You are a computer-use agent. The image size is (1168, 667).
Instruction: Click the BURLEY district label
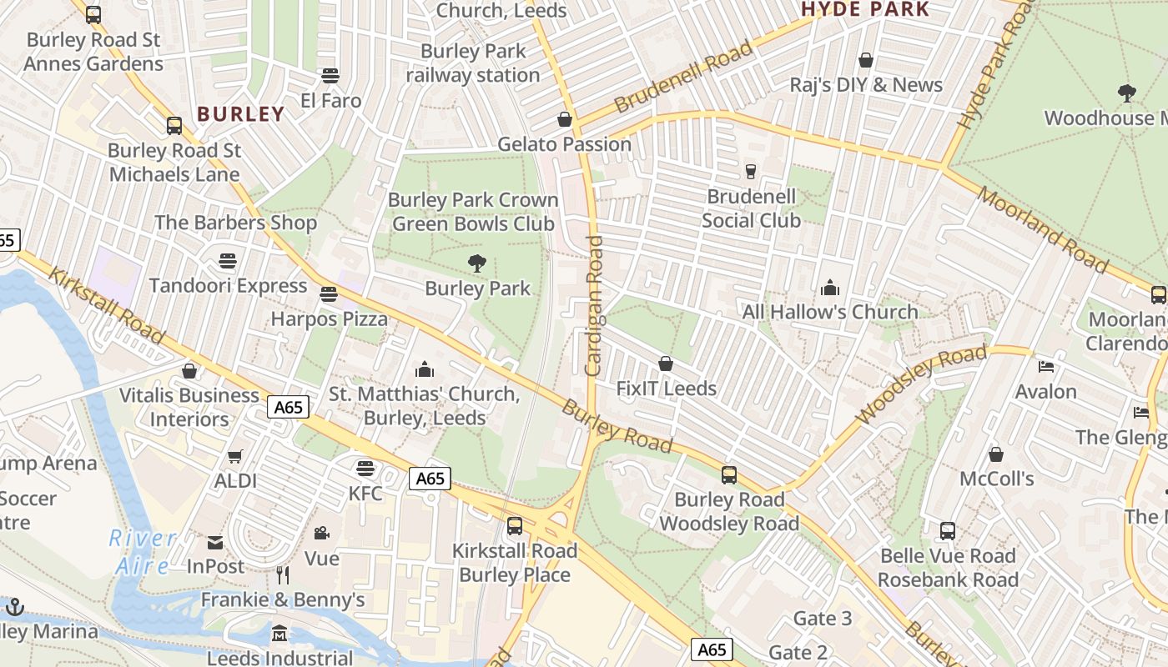240,114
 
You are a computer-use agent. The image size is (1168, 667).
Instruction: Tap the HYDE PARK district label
865,10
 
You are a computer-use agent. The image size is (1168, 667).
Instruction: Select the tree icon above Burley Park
477,264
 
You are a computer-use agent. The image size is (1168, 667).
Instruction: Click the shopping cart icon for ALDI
235,456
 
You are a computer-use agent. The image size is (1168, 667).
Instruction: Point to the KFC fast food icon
365,468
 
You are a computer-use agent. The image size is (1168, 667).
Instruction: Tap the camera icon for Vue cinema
321,533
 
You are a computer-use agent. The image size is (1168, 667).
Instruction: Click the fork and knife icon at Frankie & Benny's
283,574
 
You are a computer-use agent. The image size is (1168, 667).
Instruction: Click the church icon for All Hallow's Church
830,288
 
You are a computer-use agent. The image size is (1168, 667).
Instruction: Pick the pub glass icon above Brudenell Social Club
750,171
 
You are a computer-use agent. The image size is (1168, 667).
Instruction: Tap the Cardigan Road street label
594,304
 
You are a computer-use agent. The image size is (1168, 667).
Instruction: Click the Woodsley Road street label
921,384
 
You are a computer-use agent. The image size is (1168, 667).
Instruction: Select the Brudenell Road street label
683,78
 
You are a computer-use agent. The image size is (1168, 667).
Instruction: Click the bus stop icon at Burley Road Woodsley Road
729,475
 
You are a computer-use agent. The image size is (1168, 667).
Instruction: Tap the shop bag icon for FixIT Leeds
666,364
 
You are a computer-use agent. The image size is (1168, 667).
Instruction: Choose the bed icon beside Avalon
1046,367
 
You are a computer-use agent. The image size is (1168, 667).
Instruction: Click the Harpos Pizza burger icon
329,294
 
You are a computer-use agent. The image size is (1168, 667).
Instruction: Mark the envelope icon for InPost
215,542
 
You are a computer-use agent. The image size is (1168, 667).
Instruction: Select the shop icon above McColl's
995,454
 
